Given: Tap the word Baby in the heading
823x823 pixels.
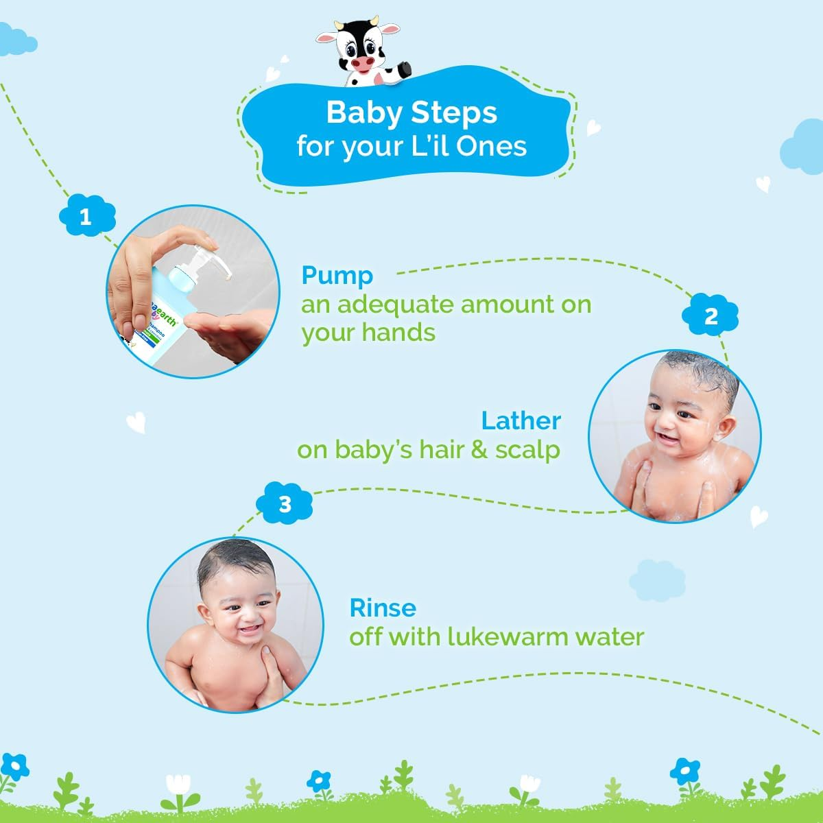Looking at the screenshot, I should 362,112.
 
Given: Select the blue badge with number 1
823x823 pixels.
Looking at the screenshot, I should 86,217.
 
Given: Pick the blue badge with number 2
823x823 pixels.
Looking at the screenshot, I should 711,316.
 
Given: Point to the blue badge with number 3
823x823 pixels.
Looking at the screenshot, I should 285,505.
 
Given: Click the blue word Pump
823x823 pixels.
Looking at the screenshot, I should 337,276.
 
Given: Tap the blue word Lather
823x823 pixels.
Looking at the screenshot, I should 521,420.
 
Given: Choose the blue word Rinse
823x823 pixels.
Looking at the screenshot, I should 383,608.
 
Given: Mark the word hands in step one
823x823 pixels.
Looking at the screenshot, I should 403,333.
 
